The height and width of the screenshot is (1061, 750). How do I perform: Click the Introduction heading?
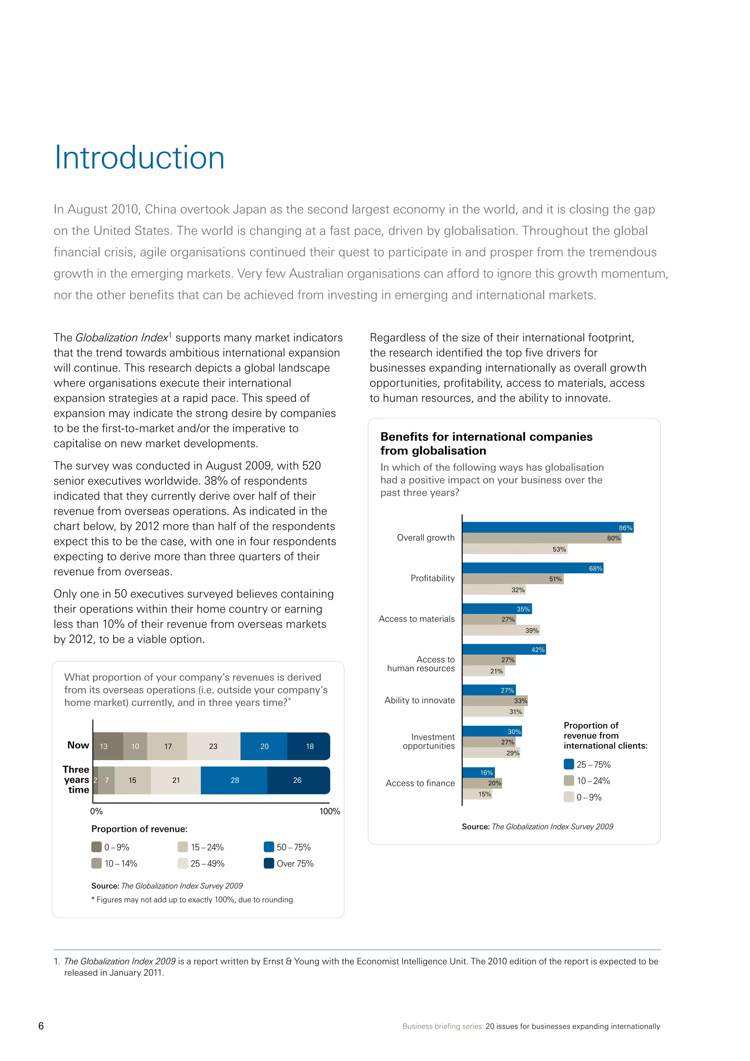click(140, 158)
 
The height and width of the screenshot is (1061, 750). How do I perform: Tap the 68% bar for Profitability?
click(532, 568)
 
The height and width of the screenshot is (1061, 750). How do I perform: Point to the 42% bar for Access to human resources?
click(504, 649)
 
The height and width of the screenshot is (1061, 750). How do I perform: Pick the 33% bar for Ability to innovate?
click(495, 701)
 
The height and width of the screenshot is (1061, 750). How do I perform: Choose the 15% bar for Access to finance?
click(477, 794)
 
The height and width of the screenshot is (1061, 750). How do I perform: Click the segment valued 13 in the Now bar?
click(108, 746)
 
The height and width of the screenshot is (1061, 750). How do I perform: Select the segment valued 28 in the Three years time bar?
click(234, 780)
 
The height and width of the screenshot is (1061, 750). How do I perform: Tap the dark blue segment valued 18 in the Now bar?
click(308, 746)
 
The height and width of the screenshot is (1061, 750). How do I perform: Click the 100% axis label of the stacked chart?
click(330, 812)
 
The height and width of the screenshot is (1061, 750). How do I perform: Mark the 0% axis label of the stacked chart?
click(97, 812)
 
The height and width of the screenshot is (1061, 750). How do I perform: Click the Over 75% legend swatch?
click(269, 863)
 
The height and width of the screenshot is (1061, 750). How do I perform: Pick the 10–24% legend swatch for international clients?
click(569, 780)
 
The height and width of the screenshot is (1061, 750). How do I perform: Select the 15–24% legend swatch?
click(183, 847)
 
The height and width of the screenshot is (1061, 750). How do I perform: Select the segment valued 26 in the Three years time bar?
click(298, 780)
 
